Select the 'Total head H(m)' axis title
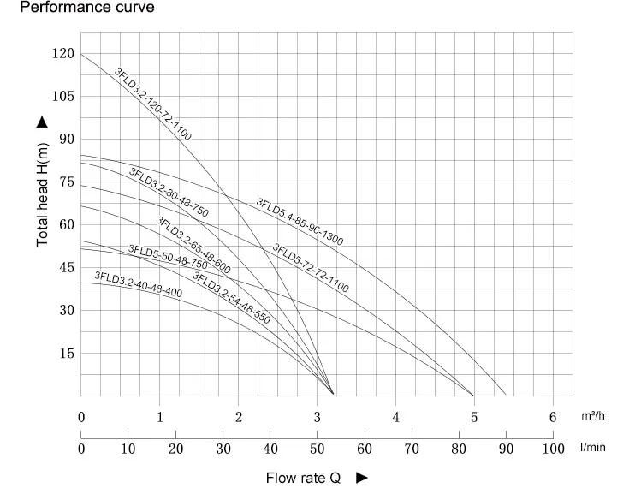[x=43, y=193]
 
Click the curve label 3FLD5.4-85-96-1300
[x=300, y=222]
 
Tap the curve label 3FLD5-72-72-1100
[x=310, y=269]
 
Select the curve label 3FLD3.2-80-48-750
[x=169, y=192]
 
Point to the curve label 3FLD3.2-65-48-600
[x=193, y=244]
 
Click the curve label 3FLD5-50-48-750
[x=168, y=257]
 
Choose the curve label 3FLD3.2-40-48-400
[x=138, y=283]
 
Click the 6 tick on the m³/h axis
[x=553, y=418]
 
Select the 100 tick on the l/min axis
[x=553, y=449]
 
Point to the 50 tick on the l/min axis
[x=318, y=449]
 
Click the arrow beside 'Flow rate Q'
[x=361, y=478]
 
